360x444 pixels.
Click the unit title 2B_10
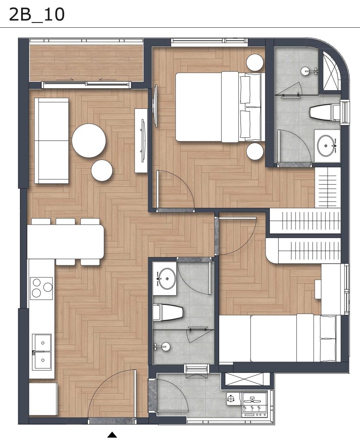click(x=37, y=15)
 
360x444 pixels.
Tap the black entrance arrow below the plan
click(x=112, y=434)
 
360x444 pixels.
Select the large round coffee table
click(x=89, y=141)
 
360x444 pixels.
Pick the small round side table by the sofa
click(x=102, y=170)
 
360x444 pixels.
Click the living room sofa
click(x=52, y=141)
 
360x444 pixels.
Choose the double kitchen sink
click(x=42, y=352)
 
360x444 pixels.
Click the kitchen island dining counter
click(x=66, y=242)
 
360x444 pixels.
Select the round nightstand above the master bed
click(x=255, y=62)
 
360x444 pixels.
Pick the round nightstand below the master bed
click(x=255, y=151)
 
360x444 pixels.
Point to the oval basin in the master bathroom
click(x=326, y=146)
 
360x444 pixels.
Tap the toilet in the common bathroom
click(x=168, y=312)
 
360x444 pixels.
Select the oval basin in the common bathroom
click(x=166, y=279)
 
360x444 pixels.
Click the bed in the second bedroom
click(x=280, y=338)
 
